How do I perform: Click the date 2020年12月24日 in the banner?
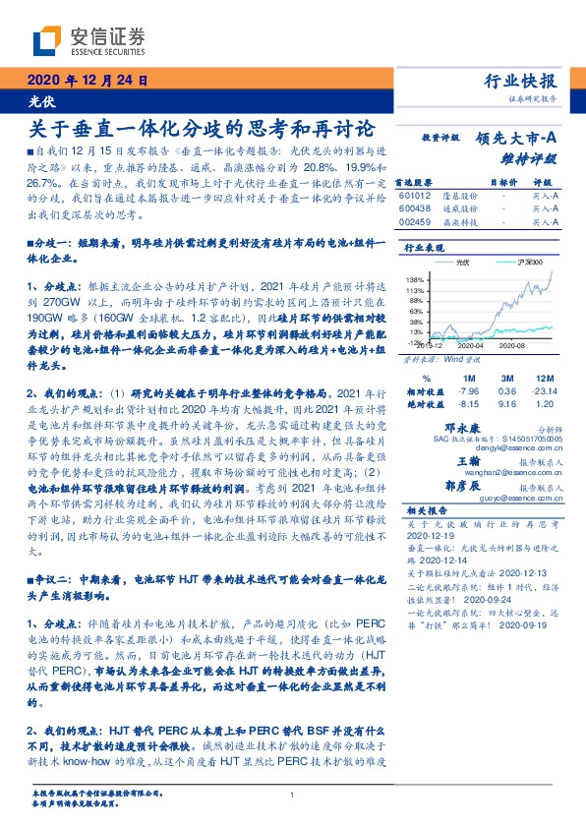tap(88, 81)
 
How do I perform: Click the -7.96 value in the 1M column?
tap(467, 389)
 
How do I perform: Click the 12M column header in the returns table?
tap(547, 377)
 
